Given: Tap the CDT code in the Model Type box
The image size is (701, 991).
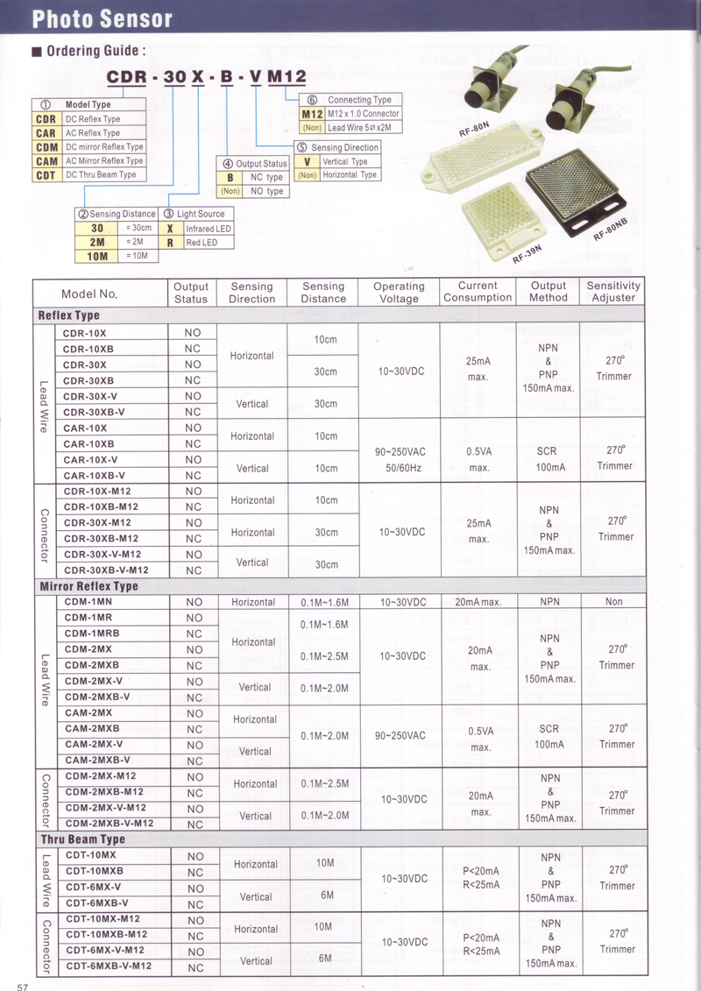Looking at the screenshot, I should (x=46, y=175).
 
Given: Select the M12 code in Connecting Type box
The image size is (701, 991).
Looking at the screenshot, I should (x=313, y=114).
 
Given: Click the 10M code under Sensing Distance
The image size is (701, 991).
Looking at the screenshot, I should (x=97, y=256).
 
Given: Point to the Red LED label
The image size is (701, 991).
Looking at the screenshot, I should (x=202, y=243).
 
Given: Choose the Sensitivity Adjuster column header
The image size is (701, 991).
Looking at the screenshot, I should (x=613, y=292).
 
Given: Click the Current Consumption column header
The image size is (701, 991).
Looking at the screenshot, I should (x=478, y=292).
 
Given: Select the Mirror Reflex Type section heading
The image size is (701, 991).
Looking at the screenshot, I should (x=89, y=586).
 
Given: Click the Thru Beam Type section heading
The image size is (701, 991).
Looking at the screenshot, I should (x=82, y=839).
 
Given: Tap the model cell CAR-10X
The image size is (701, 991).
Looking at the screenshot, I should (x=86, y=428).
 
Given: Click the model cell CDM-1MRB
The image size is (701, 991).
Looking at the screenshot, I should (x=92, y=634).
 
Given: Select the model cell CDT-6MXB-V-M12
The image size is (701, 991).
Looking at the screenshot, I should (x=109, y=966).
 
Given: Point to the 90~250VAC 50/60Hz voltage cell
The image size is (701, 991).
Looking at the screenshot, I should (x=400, y=459).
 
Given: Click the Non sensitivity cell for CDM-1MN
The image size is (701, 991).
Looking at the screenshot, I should (x=613, y=602).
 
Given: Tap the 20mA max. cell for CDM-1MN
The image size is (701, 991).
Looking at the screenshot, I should (x=478, y=602).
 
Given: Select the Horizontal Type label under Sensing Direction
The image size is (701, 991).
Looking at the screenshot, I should (x=350, y=175).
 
